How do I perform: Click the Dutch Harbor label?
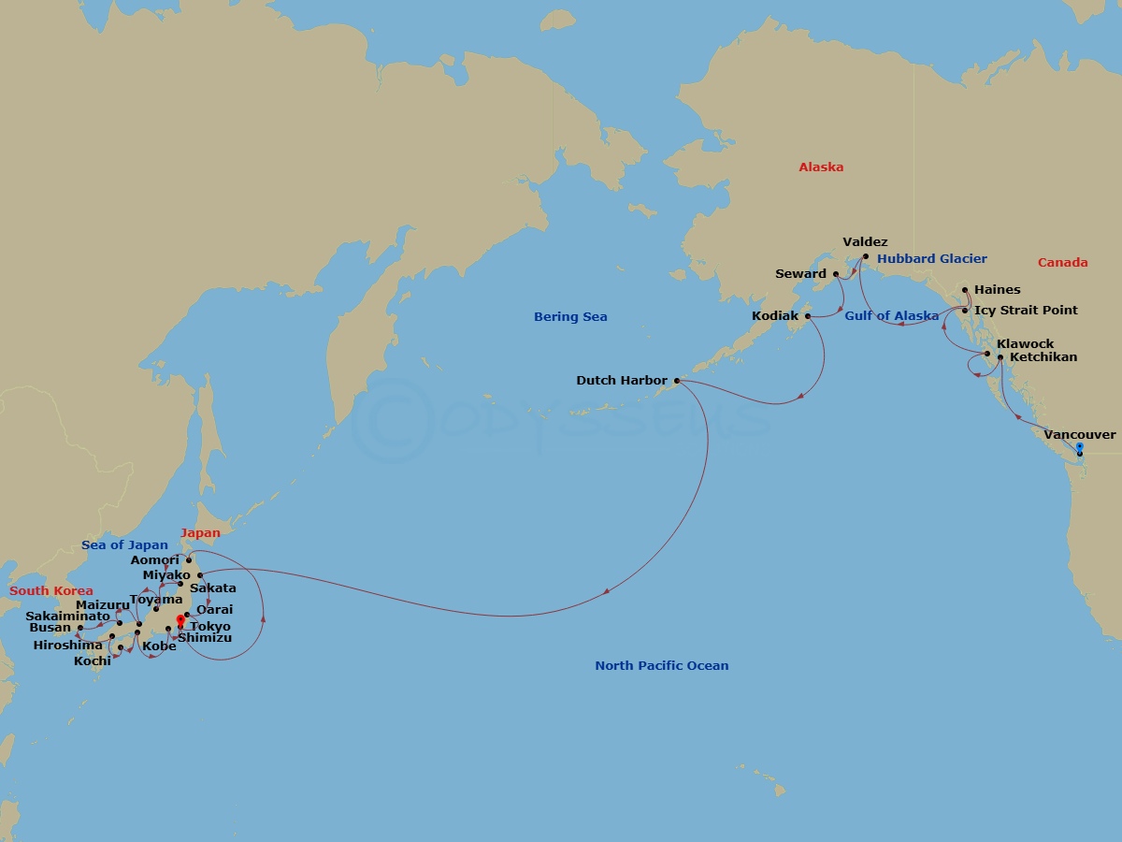point(622,381)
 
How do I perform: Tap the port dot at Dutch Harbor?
point(676,381)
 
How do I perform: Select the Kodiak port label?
point(775,316)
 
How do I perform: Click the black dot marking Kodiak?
point(807,316)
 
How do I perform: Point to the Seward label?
point(801,274)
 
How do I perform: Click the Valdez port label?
point(865,241)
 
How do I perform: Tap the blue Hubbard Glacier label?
point(932,259)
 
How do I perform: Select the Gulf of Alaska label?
point(891,316)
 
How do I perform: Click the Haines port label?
point(997,290)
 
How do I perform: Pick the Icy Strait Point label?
point(1026,311)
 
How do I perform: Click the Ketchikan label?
point(1043,357)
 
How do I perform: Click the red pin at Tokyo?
point(180,619)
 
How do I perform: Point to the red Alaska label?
point(821,167)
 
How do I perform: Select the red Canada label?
point(1062,263)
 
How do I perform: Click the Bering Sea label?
point(570,317)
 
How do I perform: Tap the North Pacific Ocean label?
point(661,666)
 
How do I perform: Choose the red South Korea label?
point(51,591)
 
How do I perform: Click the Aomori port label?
point(154,560)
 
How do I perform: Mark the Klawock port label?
point(1025,344)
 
